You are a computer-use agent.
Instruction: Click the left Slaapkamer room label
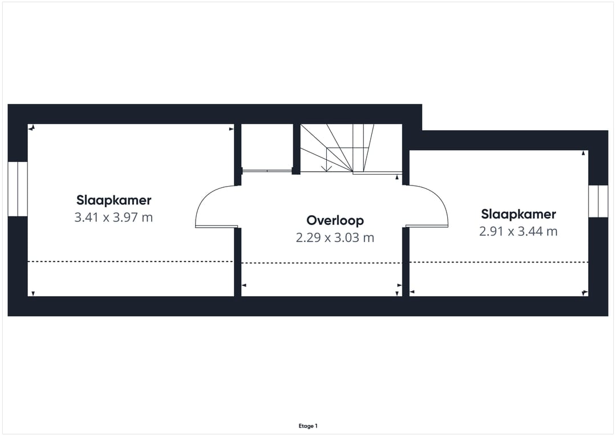click(x=114, y=200)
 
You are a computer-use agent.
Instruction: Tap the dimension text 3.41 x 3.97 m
click(x=114, y=217)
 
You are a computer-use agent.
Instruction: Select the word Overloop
click(x=335, y=220)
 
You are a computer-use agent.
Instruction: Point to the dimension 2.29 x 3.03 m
click(x=335, y=237)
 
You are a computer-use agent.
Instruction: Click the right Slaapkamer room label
click(x=518, y=214)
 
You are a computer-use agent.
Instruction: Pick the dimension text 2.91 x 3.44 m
click(x=518, y=231)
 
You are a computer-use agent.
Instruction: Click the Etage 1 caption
click(x=308, y=426)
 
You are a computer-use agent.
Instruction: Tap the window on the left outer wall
click(x=18, y=189)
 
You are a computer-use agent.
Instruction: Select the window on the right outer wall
click(x=598, y=201)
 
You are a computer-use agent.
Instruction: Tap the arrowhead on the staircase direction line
click(x=325, y=168)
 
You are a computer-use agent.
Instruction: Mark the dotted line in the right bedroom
click(x=499, y=262)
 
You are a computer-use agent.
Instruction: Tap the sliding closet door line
click(x=266, y=169)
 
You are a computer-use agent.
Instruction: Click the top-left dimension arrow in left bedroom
click(x=33, y=128)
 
